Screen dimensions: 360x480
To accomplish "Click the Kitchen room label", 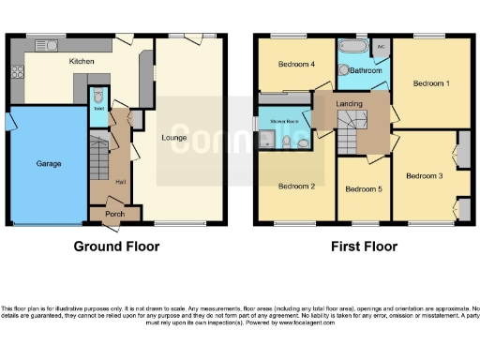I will point(82,61).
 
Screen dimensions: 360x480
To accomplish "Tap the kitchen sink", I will point(47,44).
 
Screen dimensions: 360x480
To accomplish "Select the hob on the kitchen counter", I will point(16,71).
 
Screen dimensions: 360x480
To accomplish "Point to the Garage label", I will point(49,164).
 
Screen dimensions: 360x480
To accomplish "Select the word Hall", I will point(119,182).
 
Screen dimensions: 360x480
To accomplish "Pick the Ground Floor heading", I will point(117,247).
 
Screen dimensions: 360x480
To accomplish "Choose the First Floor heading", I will point(363,247).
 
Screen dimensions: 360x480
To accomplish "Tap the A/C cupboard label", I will point(382,44).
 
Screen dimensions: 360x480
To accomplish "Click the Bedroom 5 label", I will point(363,189).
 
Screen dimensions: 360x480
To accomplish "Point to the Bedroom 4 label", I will point(296,65).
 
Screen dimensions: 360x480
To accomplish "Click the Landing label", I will point(350,104).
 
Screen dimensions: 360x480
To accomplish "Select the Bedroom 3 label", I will point(424,175).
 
